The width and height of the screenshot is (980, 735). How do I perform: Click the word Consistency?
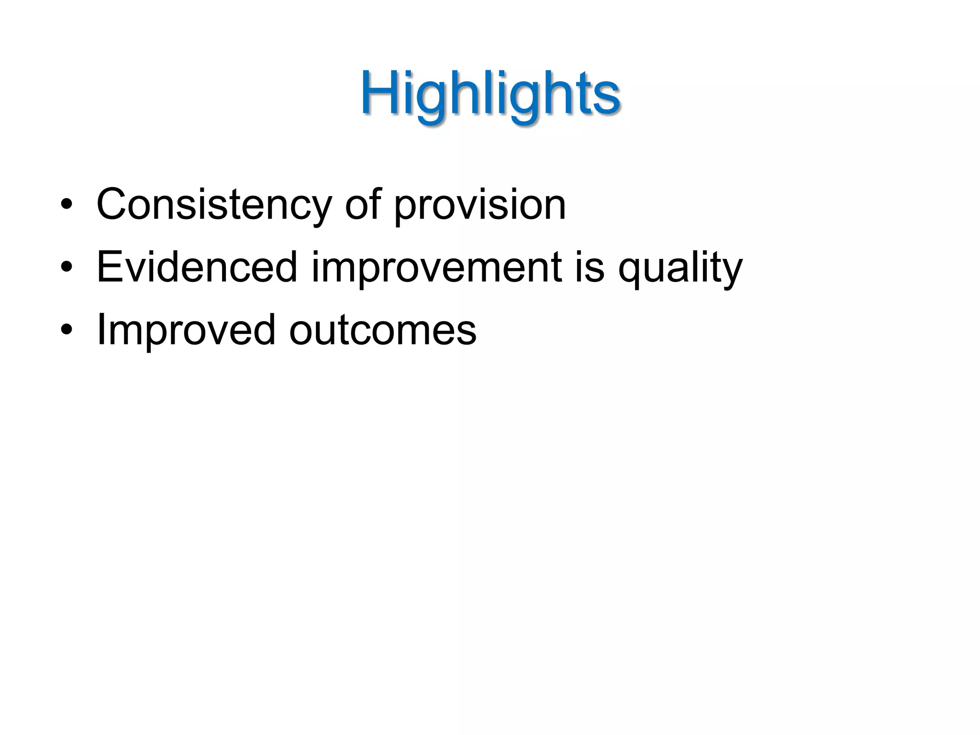pyautogui.click(x=214, y=205)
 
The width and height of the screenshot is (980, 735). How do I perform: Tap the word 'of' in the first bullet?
pyautogui.click(x=363, y=205)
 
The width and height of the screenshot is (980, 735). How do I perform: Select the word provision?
pyautogui.click(x=480, y=205)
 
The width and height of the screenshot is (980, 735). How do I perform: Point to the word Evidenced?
pyautogui.click(x=197, y=267)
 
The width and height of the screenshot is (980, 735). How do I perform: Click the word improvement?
pyautogui.click(x=437, y=267)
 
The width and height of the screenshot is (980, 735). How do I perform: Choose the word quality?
pyautogui.click(x=680, y=267)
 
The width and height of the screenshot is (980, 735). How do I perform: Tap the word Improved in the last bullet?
pyautogui.click(x=186, y=330)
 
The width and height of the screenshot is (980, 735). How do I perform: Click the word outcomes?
pyautogui.click(x=383, y=330)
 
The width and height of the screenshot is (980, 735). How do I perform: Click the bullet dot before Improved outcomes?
pyautogui.click(x=67, y=331)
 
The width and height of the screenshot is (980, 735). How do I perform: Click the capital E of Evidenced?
pyautogui.click(x=109, y=267)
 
